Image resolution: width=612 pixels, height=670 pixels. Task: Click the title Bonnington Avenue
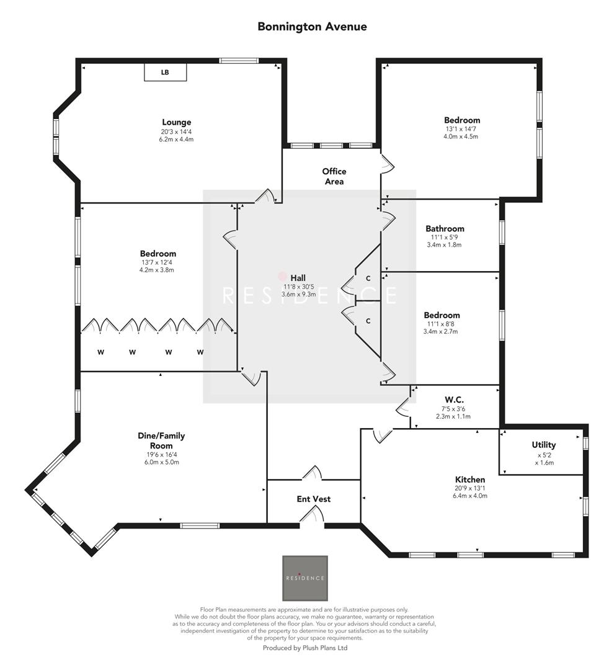[312, 27]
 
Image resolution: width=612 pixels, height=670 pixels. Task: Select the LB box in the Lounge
[165, 73]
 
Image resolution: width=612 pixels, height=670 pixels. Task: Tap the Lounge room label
[177, 122]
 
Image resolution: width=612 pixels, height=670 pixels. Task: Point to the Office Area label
[334, 176]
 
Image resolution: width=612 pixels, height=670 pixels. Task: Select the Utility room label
[543, 445]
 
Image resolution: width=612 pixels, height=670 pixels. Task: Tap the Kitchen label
[470, 480]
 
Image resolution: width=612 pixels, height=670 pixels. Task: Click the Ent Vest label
[313, 499]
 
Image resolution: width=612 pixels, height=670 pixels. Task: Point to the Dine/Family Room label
[161, 440]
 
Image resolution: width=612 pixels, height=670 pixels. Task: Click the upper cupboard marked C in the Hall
[368, 279]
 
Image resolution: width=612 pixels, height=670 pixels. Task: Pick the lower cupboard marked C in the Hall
[368, 321]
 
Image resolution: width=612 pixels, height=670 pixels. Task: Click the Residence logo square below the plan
[304, 578]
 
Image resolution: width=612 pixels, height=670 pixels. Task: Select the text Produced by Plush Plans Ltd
[306, 648]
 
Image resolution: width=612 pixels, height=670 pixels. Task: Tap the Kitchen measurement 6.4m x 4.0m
[470, 496]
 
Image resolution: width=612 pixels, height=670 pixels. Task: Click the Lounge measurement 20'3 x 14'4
[177, 132]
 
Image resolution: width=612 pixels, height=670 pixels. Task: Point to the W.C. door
[402, 408]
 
